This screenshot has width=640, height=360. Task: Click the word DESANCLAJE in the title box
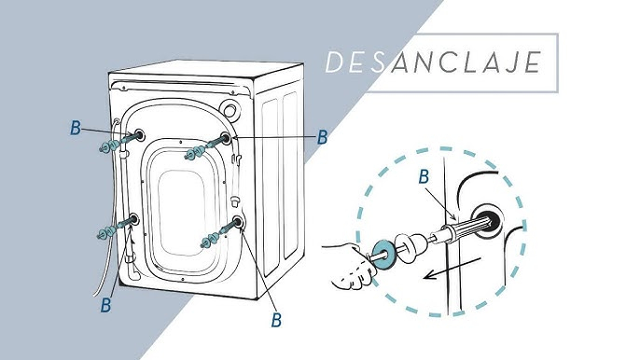pyautogui.click(x=433, y=62)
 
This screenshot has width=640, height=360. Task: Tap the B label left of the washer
pyautogui.click(x=76, y=128)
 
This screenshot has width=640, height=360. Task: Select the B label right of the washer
pyautogui.click(x=323, y=137)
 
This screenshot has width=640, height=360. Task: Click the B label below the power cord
pyautogui.click(x=106, y=304)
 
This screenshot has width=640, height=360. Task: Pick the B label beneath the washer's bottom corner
pyautogui.click(x=276, y=320)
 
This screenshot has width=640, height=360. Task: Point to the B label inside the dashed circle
pyautogui.click(x=424, y=177)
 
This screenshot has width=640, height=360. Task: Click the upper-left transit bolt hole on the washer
pyautogui.click(x=139, y=134)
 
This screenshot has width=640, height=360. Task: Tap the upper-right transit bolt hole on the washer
pyautogui.click(x=226, y=137)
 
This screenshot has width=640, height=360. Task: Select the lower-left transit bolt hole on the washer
pyautogui.click(x=133, y=220)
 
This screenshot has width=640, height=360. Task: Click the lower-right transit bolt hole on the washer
pyautogui.click(x=238, y=222)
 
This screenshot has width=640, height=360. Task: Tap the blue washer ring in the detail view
pyautogui.click(x=383, y=255)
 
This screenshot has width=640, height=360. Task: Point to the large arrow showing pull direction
pyautogui.click(x=452, y=269)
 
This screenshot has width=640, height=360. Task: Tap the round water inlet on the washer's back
pyautogui.click(x=230, y=109)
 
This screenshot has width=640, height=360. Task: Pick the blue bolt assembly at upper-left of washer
pyautogui.click(x=117, y=143)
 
